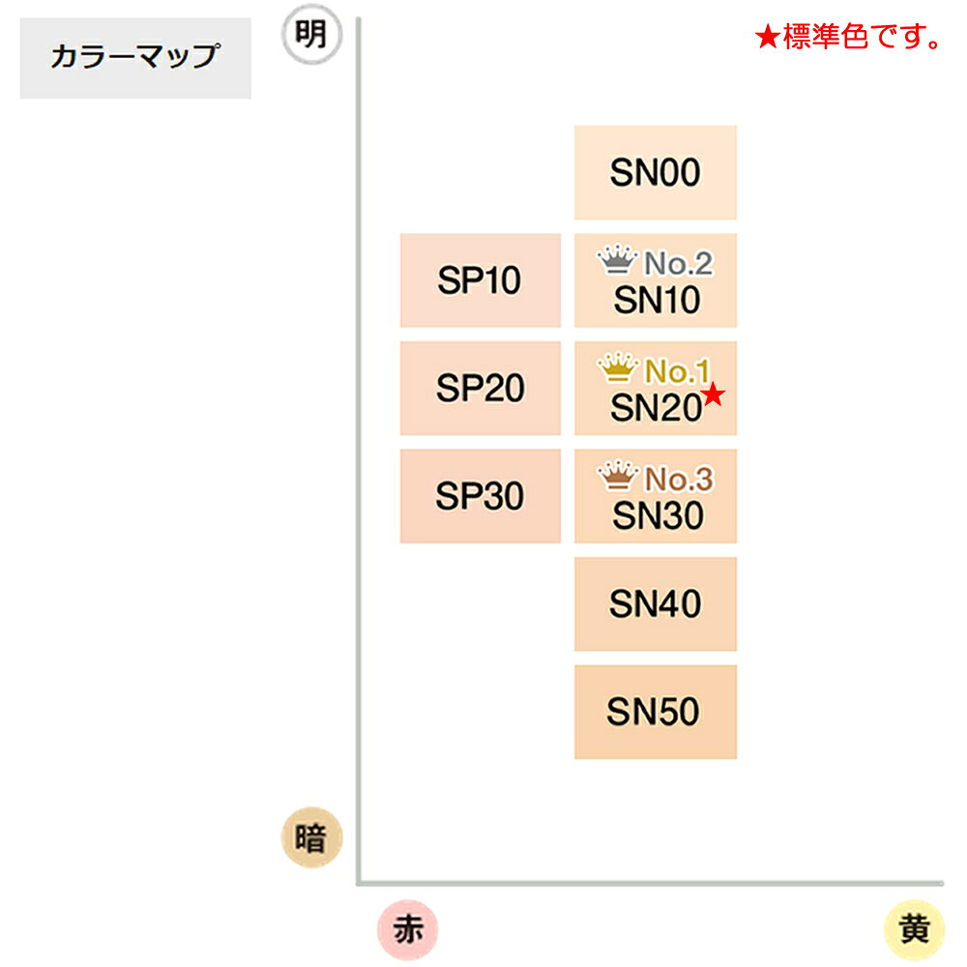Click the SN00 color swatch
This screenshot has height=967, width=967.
click(655, 172)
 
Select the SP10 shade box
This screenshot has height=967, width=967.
click(481, 280)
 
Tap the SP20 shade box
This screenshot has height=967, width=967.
click(481, 388)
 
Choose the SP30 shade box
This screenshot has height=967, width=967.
click(481, 496)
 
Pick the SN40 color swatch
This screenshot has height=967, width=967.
click(655, 603)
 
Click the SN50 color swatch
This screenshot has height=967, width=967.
click(655, 712)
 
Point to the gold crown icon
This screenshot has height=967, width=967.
click(617, 367)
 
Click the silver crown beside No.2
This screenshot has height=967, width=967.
click(617, 259)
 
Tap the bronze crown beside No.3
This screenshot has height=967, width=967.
click(617, 476)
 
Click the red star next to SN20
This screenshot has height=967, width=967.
click(714, 395)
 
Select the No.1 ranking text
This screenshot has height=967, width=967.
click(677, 371)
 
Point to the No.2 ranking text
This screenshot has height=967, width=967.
click(679, 263)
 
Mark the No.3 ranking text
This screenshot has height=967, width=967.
click(679, 480)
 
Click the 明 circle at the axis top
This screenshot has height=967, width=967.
click(311, 35)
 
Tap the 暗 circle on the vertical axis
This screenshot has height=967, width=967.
click(311, 837)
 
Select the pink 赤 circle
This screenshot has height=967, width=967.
click(408, 930)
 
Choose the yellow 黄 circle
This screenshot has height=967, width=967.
click(914, 930)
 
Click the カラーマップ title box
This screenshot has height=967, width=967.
click(135, 58)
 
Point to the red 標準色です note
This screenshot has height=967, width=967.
click(848, 37)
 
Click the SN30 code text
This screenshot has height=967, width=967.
click(658, 515)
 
